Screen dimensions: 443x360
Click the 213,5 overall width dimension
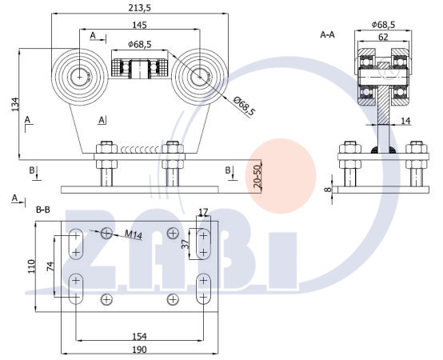coord(140,8)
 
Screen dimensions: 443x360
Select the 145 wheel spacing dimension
coord(140,25)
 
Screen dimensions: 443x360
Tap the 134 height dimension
coord(15,104)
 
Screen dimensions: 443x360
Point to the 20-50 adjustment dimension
coord(257,177)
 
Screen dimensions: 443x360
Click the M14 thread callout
coord(134,234)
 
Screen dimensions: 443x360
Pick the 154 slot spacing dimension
coord(140,336)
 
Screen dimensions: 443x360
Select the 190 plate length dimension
coord(140,350)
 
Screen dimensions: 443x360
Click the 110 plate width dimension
coord(31,266)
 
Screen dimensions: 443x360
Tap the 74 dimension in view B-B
coord(50,266)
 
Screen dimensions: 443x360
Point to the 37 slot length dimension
coord(185,244)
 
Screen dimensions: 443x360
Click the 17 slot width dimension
coord(203,212)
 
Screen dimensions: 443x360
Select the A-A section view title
coord(327,34)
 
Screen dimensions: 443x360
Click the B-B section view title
coord(43,210)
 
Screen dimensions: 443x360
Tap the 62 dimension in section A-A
coord(383,37)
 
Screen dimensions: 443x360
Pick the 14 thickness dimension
coord(405,121)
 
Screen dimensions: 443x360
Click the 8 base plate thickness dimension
coord(327,190)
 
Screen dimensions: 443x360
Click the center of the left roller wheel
coord(79,77)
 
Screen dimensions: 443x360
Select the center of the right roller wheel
coord(200,77)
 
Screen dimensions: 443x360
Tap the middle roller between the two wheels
coord(140,69)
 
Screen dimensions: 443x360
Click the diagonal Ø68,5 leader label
coord(244,106)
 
